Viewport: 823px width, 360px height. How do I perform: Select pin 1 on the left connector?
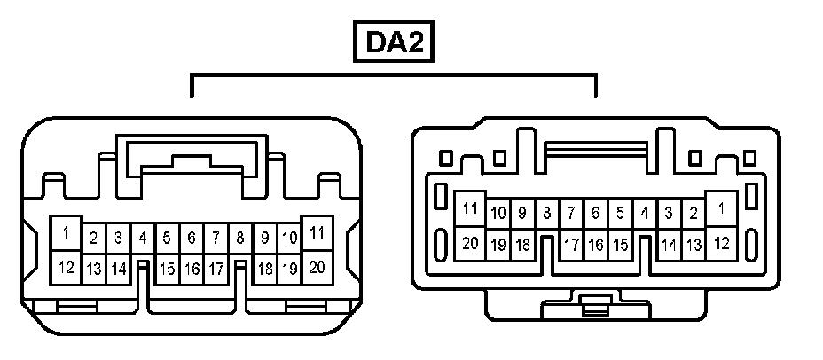pos(66,233)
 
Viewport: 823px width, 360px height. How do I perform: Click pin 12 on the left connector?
pos(66,266)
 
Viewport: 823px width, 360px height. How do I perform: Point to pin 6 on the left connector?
pos(191,238)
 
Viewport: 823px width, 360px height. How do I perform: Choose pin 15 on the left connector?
pos(167,268)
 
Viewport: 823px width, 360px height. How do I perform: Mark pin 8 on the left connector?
pos(239,238)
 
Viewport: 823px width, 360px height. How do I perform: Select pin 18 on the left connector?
pos(264,268)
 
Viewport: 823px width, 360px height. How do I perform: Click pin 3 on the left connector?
pos(117,238)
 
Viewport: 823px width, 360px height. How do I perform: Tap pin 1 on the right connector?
pos(722,209)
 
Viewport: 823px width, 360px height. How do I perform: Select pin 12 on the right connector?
pos(722,242)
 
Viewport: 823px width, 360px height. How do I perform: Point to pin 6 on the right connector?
pos(596,213)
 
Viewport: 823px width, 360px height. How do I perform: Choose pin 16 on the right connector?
pos(596,243)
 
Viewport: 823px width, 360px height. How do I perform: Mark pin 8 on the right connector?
pos(547,213)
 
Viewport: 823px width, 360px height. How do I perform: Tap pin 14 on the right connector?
pos(670,243)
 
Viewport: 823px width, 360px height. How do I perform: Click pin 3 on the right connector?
pos(670,213)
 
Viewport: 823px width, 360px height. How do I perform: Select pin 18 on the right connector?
pos(523,243)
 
